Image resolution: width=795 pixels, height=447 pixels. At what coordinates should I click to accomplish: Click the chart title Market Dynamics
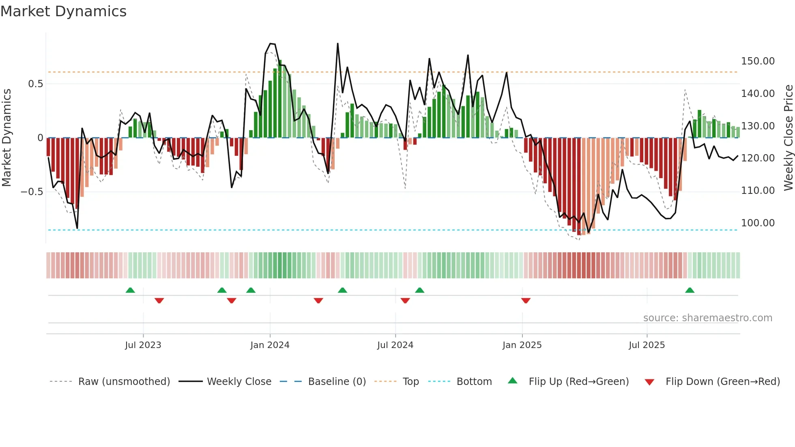coord(63,11)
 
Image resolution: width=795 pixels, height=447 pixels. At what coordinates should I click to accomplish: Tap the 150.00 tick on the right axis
coord(758,61)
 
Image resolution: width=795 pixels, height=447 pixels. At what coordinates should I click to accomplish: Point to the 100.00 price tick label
coord(758,223)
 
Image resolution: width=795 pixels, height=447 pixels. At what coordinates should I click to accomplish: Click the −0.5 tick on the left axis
coord(32,191)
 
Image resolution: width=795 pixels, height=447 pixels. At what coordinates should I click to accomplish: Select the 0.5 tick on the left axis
coord(35,84)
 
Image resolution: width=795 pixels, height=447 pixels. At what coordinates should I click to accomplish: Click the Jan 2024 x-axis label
coord(270,345)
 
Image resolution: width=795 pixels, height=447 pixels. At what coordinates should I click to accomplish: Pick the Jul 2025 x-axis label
coord(647,345)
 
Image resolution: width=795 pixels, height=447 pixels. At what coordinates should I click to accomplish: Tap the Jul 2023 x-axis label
coord(143,345)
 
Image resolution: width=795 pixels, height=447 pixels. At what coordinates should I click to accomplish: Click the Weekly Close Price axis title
coord(788,138)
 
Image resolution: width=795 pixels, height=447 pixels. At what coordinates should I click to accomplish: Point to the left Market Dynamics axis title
coord(6,138)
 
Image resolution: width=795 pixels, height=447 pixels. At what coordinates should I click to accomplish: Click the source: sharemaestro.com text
coord(707,318)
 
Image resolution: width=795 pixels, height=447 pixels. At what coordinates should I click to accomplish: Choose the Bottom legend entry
coord(474,382)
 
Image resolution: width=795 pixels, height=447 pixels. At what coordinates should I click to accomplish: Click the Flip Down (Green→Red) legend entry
coord(722,382)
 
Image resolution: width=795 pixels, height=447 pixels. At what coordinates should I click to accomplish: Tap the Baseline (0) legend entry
coord(337,382)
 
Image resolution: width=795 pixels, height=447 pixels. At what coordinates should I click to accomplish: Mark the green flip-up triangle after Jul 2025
coord(690,290)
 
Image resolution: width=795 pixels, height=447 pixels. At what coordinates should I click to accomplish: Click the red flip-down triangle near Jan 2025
coord(526,301)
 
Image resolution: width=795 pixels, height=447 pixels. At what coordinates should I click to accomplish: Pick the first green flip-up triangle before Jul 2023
coord(130,290)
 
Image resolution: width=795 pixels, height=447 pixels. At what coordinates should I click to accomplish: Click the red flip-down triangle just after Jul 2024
coord(405,301)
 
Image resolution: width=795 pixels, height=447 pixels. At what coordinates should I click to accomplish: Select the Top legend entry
coord(410,382)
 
